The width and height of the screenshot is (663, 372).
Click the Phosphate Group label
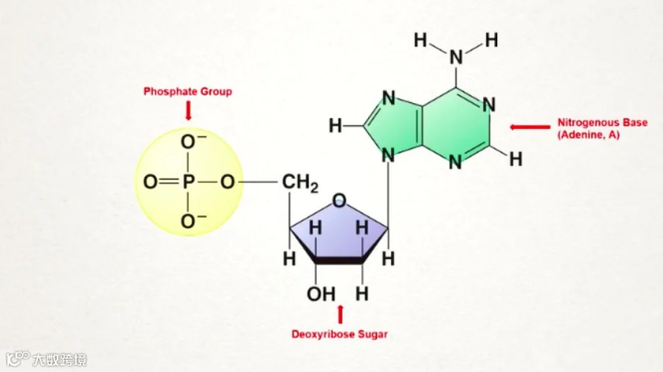click(x=188, y=91)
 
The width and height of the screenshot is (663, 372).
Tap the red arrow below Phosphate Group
click(x=188, y=110)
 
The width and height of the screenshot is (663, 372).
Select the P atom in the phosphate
click(x=188, y=180)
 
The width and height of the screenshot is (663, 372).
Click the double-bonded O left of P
click(x=150, y=180)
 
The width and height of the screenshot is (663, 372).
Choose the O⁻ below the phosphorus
click(x=190, y=220)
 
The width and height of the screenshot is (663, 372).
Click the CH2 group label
click(x=299, y=182)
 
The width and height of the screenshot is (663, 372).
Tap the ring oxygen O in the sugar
click(x=339, y=200)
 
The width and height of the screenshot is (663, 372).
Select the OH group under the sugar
click(x=320, y=294)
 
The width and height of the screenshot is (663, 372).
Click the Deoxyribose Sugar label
click(x=340, y=334)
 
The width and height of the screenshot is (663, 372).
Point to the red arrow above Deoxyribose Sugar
click(x=340, y=314)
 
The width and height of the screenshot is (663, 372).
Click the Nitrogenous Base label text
click(x=603, y=122)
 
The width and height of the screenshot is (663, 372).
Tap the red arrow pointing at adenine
click(x=530, y=127)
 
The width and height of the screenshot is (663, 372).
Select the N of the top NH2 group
click(x=457, y=57)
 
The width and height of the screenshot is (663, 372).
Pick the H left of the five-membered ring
click(x=335, y=126)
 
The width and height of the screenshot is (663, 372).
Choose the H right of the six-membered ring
click(x=516, y=158)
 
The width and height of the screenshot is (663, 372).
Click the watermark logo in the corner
click(x=18, y=359)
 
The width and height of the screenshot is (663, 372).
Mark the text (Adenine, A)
click(x=589, y=136)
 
